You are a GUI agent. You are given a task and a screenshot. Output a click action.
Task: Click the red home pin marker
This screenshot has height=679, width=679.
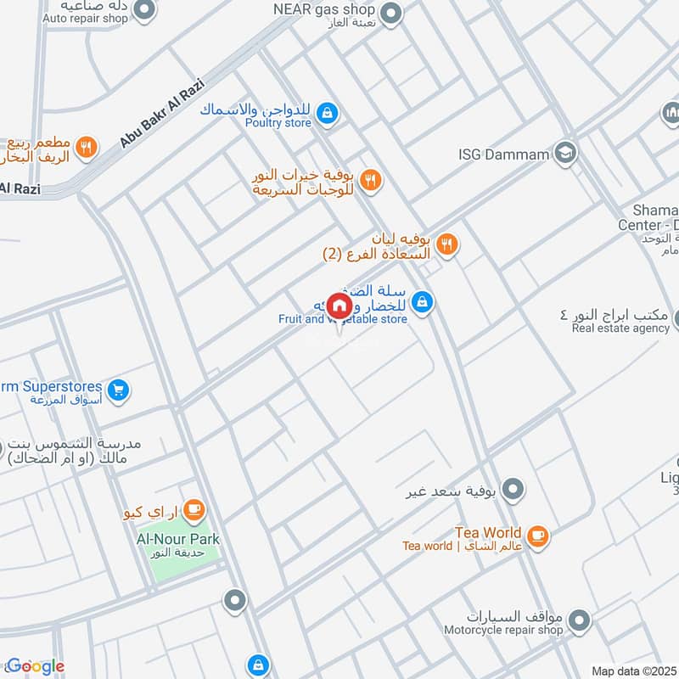pyautogui.click(x=339, y=306)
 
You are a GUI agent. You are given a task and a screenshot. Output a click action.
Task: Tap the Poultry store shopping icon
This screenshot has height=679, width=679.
pyautogui.click(x=327, y=112)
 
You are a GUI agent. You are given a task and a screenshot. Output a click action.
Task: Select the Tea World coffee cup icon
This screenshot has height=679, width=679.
pyautogui.click(x=537, y=536)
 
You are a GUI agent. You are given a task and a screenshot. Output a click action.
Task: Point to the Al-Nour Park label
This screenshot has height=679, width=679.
pyautogui.click(x=178, y=539)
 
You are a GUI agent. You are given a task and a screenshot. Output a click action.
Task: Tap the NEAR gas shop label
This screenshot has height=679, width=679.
pyautogui.click(x=323, y=8)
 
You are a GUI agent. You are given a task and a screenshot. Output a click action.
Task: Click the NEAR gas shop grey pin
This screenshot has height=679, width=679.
pyautogui.click(x=390, y=13)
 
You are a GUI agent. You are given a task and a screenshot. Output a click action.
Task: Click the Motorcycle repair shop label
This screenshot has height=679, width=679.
pyautogui.click(x=503, y=631)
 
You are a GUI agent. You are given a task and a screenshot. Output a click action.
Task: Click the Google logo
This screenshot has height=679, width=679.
pyautogui.click(x=36, y=666)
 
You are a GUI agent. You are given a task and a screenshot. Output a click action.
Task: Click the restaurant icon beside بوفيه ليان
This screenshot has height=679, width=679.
pyautogui.click(x=448, y=245)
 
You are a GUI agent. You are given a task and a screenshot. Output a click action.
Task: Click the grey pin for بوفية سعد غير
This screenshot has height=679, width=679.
pyautogui.click(x=513, y=490)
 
